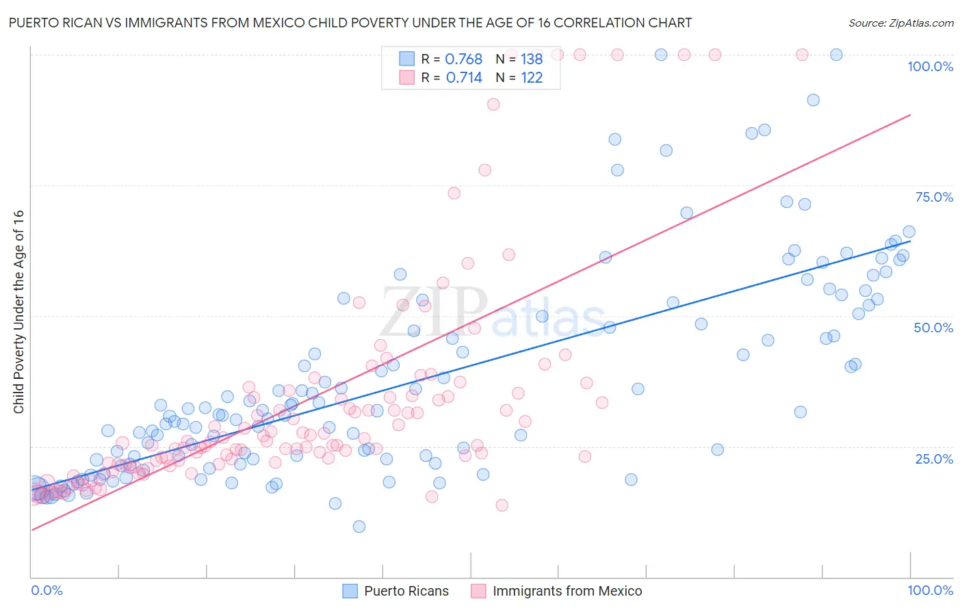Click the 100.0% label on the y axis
pyautogui.click(x=930, y=66)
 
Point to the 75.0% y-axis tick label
pyautogui.click(x=934, y=197)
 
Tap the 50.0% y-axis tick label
pyautogui.click(x=933, y=328)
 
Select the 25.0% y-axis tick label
pyautogui.click(x=934, y=458)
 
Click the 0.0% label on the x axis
pyautogui.click(x=47, y=590)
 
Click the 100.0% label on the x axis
pyautogui.click(x=930, y=590)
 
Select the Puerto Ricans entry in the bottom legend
pyautogui.click(x=406, y=591)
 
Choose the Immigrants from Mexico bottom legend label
pyautogui.click(x=567, y=591)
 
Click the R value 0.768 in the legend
pyautogui.click(x=464, y=59)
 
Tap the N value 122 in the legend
pyautogui.click(x=532, y=78)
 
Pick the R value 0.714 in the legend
pyautogui.click(x=464, y=78)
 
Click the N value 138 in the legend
pyautogui.click(x=532, y=59)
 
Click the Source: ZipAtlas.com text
pyautogui.click(x=900, y=23)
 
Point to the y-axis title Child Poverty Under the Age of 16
pyautogui.click(x=18, y=311)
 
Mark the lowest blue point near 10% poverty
pyautogui.click(x=359, y=527)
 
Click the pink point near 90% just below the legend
pyautogui.click(x=493, y=105)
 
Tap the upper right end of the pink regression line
pyautogui.click(x=910, y=115)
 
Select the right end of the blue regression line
pyautogui.click(x=910, y=241)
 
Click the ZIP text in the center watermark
pyautogui.click(x=434, y=312)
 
